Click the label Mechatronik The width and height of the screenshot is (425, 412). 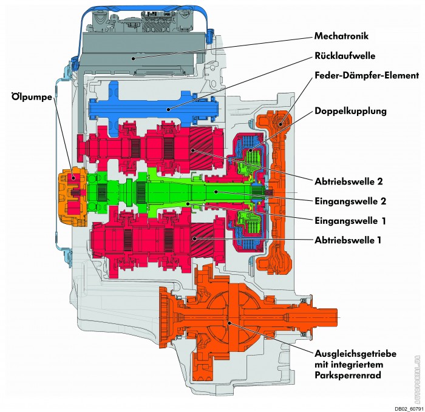pos(341,35)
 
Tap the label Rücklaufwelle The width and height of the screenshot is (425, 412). pos(344,56)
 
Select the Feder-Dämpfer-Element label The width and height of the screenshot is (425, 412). pos(367,76)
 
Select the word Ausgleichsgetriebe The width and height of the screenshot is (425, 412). pos(358,354)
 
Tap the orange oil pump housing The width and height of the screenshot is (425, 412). pos(73,194)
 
